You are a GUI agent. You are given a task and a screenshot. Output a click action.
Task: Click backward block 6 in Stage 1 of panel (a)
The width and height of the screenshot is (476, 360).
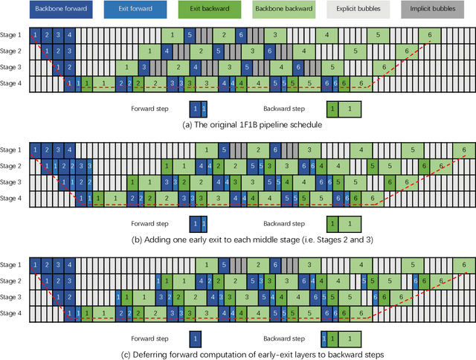point(429,35)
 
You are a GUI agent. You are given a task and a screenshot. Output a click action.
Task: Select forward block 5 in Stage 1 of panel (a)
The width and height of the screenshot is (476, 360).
point(190,35)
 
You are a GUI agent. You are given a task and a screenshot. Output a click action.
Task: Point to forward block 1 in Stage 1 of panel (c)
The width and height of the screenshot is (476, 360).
point(34,264)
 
